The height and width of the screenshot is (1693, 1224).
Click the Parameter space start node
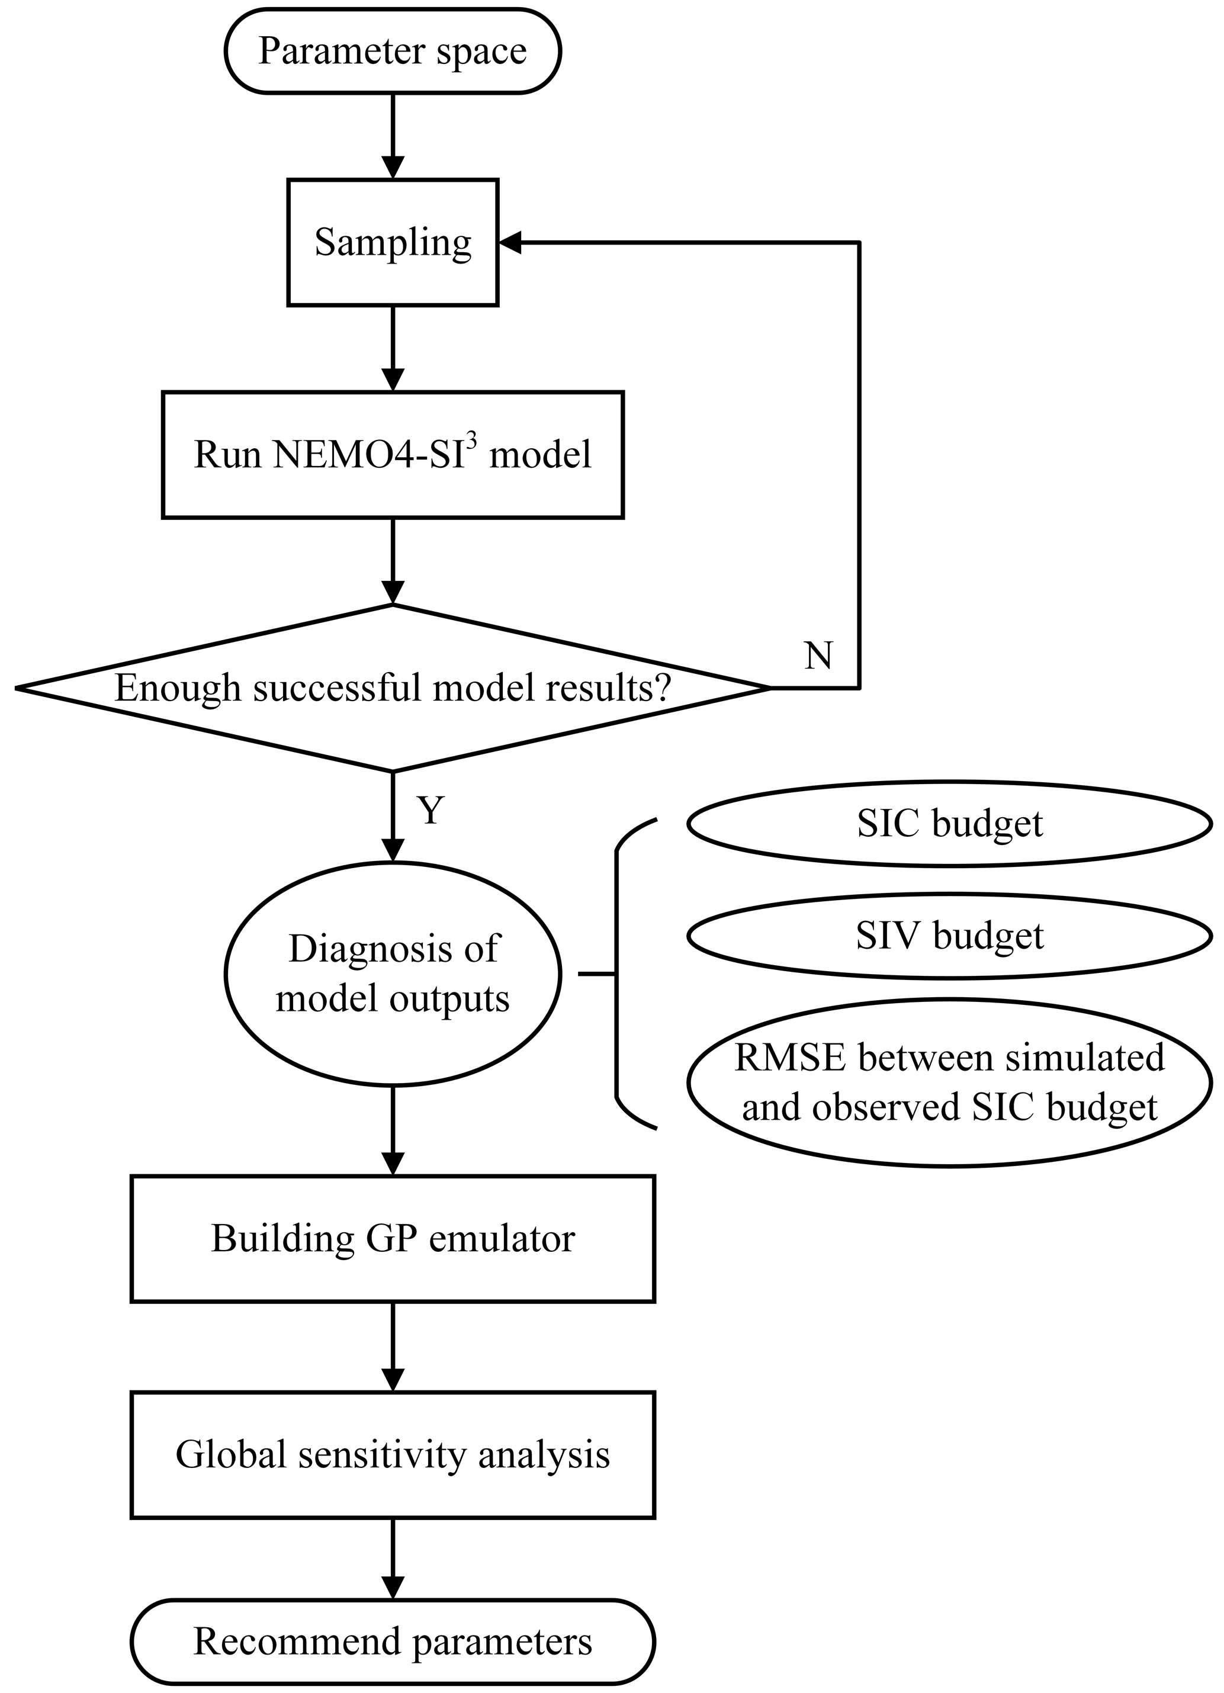point(393,52)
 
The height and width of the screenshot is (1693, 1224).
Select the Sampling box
point(393,243)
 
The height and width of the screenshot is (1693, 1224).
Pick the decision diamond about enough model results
point(393,688)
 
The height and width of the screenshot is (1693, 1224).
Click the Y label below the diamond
point(431,810)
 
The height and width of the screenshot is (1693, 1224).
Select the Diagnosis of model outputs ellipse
point(393,974)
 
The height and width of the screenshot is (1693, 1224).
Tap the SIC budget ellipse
point(949,824)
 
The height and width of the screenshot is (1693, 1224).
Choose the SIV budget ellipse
point(949,936)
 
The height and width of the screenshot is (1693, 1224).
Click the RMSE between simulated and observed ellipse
point(949,1082)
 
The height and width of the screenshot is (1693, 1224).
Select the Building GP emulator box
point(393,1238)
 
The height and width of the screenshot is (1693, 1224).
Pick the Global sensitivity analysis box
point(393,1454)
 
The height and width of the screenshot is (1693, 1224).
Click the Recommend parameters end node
point(393,1641)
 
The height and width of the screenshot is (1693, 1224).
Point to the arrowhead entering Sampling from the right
point(511,243)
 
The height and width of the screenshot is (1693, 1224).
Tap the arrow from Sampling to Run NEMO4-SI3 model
point(393,348)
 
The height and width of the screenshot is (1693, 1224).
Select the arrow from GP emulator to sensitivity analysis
point(393,1347)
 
